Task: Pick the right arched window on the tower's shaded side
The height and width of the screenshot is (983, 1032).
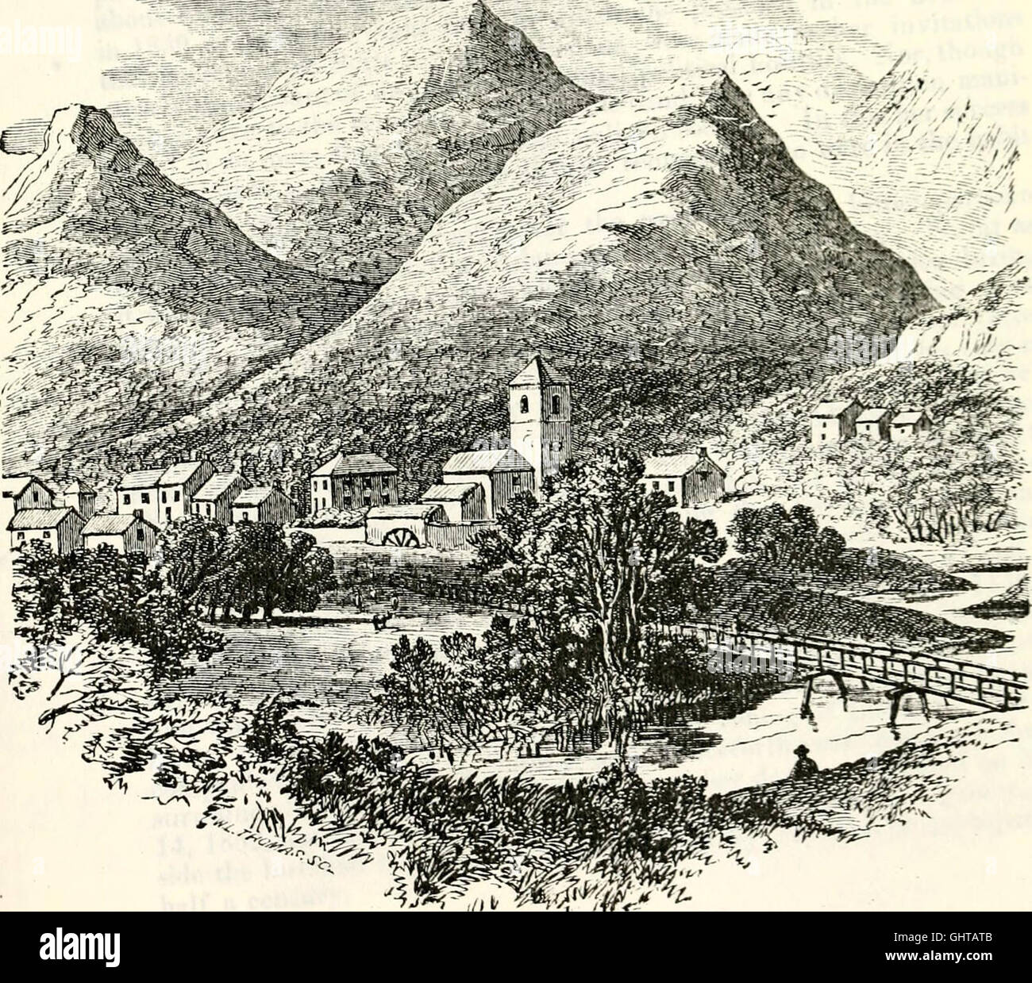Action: pos(555,405)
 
